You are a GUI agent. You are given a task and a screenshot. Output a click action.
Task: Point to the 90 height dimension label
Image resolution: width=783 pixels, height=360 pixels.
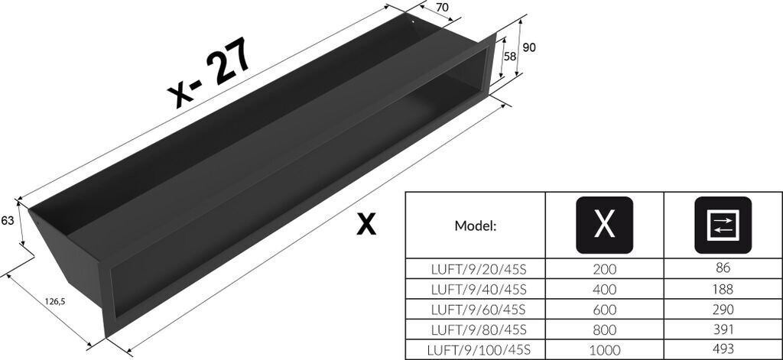(x=528, y=47)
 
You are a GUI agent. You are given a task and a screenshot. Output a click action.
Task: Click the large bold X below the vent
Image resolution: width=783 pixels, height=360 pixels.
(x=366, y=224)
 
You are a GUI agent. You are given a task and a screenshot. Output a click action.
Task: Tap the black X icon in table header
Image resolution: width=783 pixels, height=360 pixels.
(x=604, y=225)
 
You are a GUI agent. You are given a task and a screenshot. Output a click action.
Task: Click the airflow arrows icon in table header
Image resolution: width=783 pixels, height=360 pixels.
(x=723, y=225)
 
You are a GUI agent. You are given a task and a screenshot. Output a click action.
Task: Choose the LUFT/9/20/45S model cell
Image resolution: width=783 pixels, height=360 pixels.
(x=475, y=269)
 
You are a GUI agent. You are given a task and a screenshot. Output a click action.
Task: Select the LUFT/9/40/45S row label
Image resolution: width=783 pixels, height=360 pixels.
(x=475, y=289)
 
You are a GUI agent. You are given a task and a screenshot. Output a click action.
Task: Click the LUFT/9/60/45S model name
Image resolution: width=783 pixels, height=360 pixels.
(x=475, y=310)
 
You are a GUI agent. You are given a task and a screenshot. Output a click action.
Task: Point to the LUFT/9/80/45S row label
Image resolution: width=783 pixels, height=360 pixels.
(x=475, y=329)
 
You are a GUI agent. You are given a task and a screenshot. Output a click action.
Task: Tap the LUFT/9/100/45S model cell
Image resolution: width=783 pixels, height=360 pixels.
(x=475, y=350)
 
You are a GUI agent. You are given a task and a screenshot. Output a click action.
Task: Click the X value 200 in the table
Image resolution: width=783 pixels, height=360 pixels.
(x=604, y=269)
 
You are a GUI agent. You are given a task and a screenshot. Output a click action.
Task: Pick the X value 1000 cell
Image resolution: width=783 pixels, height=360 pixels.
(x=604, y=350)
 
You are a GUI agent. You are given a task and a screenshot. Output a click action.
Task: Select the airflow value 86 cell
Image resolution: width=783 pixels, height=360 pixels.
(x=723, y=269)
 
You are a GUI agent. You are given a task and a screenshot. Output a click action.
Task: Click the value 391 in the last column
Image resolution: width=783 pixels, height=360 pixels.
(x=723, y=329)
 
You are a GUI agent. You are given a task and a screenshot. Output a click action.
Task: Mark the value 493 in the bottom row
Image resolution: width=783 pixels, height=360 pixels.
(x=723, y=350)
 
